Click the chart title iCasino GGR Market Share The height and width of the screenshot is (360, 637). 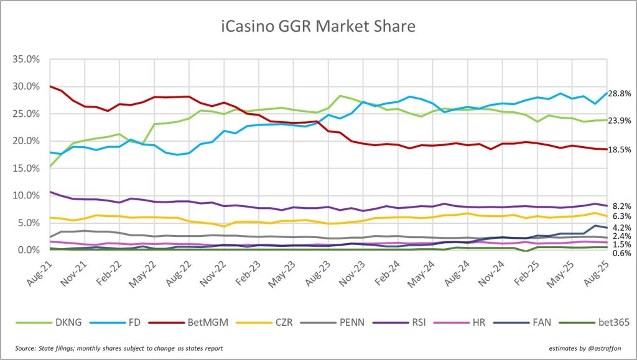pos(318,26)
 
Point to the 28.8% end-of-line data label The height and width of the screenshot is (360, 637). pos(622,93)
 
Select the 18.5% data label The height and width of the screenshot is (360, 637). pos(622,149)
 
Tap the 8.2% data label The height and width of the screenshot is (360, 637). pos(623,205)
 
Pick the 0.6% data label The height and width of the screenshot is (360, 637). pos(623,254)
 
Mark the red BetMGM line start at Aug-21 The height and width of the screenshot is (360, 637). pos(50,86)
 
